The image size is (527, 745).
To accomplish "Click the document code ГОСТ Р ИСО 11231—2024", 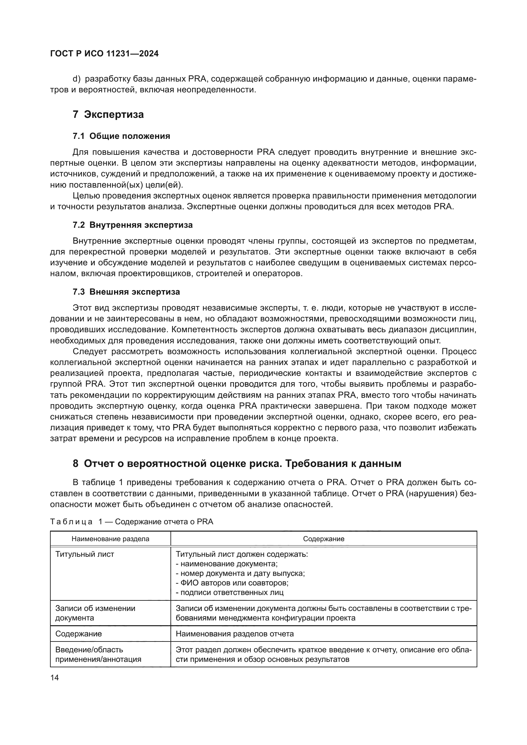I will point(105,54).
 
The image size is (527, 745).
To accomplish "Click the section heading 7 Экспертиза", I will point(108,115).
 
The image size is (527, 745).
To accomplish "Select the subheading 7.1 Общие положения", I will point(121,136).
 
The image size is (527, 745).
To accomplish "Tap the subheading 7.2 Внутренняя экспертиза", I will point(133,225).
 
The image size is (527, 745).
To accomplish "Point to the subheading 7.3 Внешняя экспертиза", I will point(126,292).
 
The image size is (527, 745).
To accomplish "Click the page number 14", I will point(54,677).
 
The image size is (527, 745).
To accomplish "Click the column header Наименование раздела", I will point(110,539).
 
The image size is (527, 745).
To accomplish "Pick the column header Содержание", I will point(323,539).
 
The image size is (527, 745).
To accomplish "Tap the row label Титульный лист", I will point(85,554).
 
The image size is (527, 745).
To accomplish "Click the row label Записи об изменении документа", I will point(95,613).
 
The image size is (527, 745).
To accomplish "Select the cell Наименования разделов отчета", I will point(235,634).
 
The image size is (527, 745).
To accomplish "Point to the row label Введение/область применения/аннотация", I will point(98,655).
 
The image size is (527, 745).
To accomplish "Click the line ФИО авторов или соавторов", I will point(232,583).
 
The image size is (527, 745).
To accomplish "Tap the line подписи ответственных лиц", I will point(229,592).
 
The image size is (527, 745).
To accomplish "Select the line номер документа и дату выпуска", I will point(240,573).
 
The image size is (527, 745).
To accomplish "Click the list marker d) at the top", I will point(76,79).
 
